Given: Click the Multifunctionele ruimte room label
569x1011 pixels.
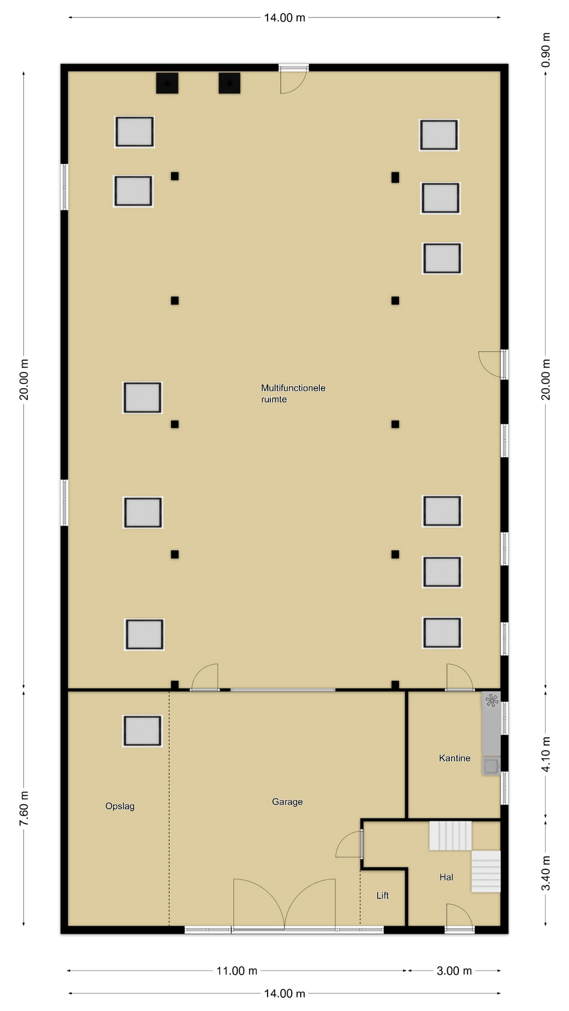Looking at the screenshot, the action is (x=293, y=393).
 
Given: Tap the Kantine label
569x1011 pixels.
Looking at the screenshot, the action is (x=455, y=758).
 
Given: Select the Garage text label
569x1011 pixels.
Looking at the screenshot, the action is (x=287, y=801).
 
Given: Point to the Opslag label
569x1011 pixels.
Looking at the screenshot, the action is (x=120, y=806).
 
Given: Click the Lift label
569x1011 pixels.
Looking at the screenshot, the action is (x=382, y=895).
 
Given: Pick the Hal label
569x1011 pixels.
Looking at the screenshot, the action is (x=446, y=877).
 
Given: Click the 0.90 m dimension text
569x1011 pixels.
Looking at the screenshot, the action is (x=546, y=49).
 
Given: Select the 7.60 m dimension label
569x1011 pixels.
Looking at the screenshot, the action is (x=24, y=808).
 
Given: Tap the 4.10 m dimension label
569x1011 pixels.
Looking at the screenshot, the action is (x=546, y=754).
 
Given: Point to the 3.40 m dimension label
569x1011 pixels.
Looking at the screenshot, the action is (x=546, y=873).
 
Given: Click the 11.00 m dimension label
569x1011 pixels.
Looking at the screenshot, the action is (x=237, y=970).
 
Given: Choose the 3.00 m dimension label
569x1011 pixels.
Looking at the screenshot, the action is (x=454, y=970).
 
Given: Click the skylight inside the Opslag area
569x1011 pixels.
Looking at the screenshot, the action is (x=142, y=731).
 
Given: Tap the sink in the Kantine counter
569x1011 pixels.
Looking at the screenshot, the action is (x=492, y=766).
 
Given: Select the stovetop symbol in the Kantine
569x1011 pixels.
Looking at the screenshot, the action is (x=492, y=700).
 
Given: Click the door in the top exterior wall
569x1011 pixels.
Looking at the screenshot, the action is (x=293, y=79).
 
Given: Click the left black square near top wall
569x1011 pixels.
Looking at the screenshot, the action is (x=167, y=83).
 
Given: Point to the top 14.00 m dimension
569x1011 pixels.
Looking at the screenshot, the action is (x=284, y=18).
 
